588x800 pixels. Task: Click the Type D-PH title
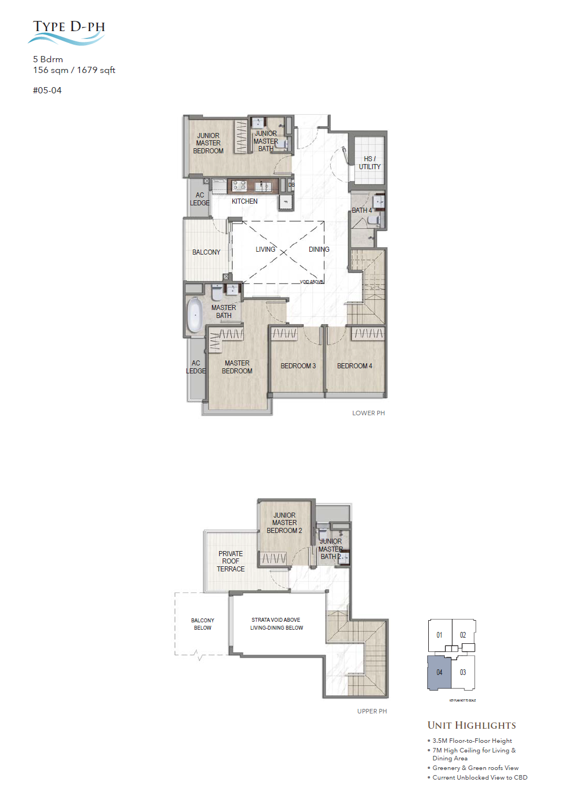[69, 27]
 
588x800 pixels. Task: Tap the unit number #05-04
[47, 91]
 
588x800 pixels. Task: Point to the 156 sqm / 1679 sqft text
[74, 70]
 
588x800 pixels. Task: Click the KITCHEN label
[244, 201]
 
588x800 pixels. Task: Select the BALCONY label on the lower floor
[206, 252]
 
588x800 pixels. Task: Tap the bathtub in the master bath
[194, 315]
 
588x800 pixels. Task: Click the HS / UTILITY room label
[369, 163]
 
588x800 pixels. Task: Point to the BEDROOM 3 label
[298, 366]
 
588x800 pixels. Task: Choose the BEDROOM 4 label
[355, 366]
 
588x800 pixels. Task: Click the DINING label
[319, 250]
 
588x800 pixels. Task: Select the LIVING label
[265, 250]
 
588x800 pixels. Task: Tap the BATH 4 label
[361, 210]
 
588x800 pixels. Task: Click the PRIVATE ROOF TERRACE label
[231, 561]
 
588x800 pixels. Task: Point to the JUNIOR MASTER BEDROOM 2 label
[284, 523]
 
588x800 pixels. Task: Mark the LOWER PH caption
[368, 413]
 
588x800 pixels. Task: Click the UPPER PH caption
[372, 711]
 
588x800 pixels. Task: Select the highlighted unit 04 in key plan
[439, 673]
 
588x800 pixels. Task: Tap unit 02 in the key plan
[463, 635]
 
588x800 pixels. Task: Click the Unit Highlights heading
[471, 725]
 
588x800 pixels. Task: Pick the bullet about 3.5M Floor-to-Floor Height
[472, 741]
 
